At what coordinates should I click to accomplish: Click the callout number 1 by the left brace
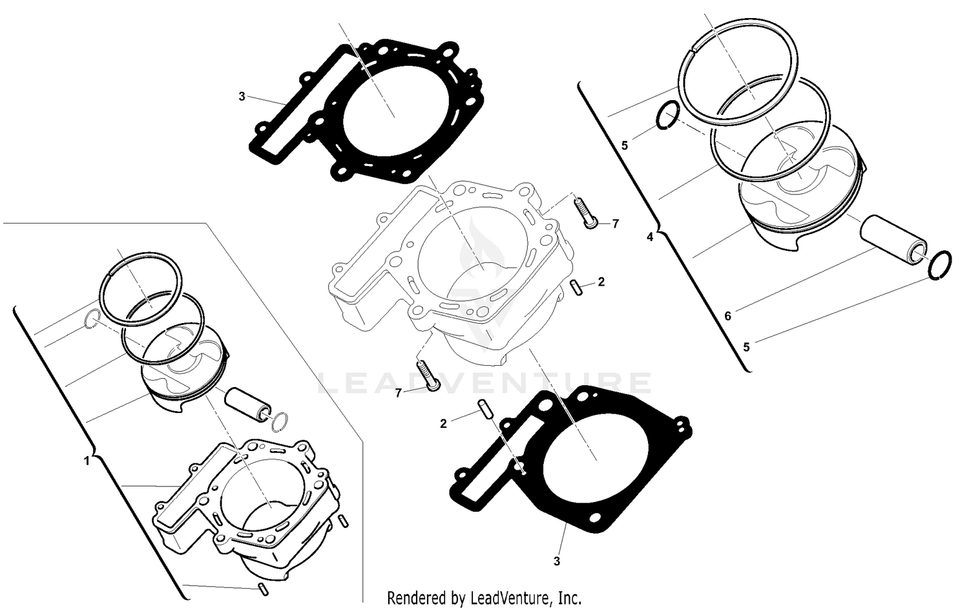tap(87, 461)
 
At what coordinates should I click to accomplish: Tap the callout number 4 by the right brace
tap(650, 237)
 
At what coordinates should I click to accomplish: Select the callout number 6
tap(727, 316)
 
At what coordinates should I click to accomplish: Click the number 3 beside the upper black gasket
tap(242, 97)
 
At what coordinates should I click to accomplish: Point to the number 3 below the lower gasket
tap(557, 561)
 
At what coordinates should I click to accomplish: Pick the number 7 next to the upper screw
tap(615, 224)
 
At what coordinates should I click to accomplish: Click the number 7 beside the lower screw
tap(399, 392)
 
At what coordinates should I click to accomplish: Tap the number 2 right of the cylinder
tap(601, 282)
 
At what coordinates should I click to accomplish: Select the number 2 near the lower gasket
tap(443, 424)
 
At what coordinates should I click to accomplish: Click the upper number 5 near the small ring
tap(624, 145)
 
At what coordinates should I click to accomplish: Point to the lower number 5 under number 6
tap(746, 347)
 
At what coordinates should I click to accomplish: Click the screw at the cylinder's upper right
tap(585, 211)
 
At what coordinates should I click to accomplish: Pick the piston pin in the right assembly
tap(894, 240)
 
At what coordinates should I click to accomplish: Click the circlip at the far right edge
tap(939, 266)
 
